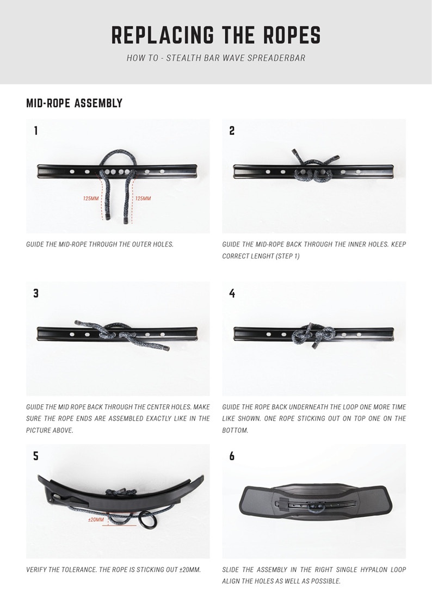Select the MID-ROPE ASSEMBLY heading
(x=74, y=103)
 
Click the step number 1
(x=36, y=131)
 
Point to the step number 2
(x=232, y=131)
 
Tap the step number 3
(x=36, y=293)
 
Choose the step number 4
(x=232, y=293)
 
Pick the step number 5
(x=36, y=455)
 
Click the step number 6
(x=232, y=455)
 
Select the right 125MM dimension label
(x=143, y=199)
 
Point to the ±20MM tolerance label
(x=96, y=520)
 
